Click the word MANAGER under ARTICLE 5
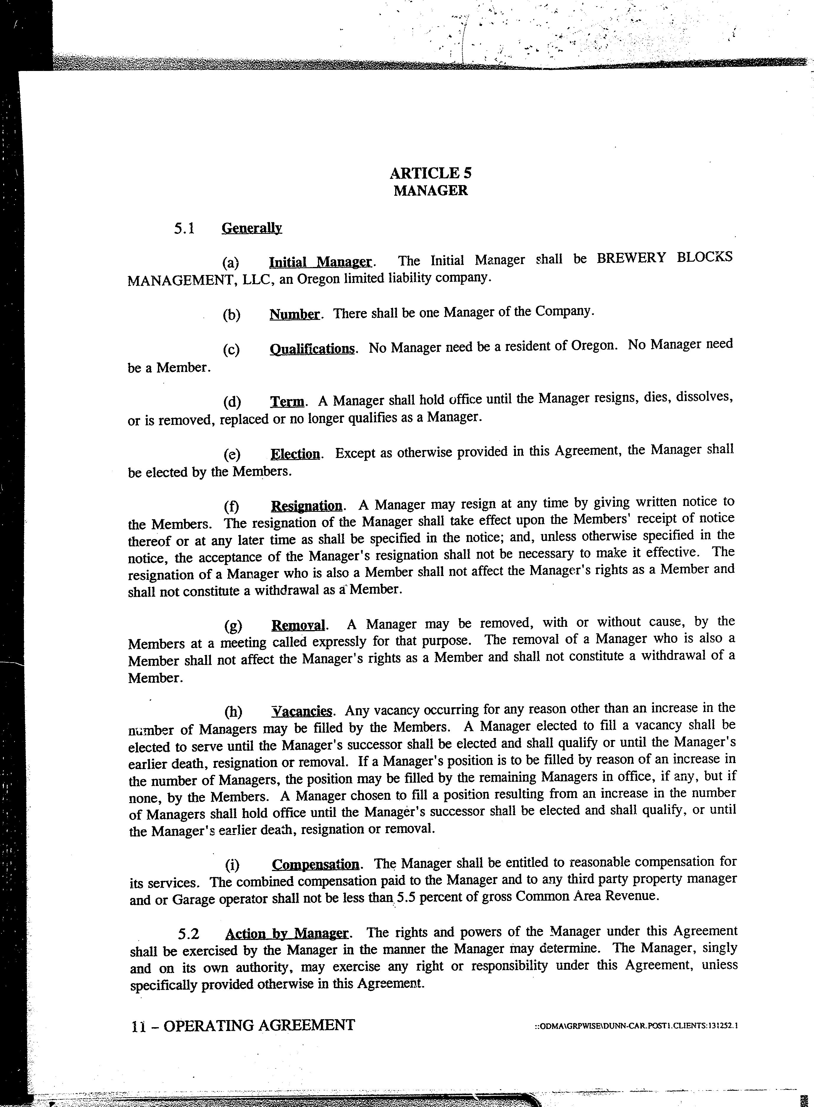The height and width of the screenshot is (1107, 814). click(431, 191)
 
